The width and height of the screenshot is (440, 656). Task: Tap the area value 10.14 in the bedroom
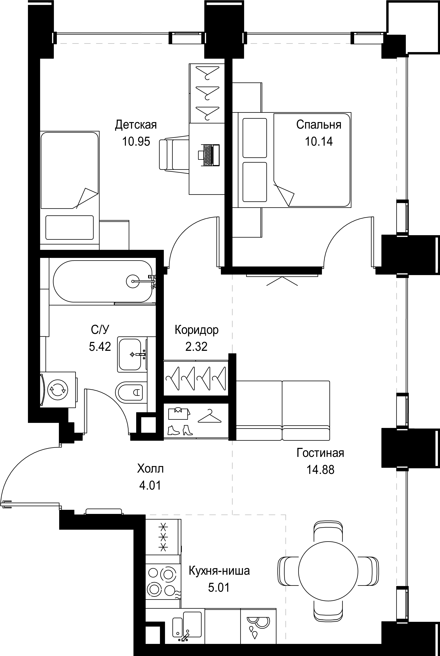319,141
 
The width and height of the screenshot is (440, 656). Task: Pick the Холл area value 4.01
150,485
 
